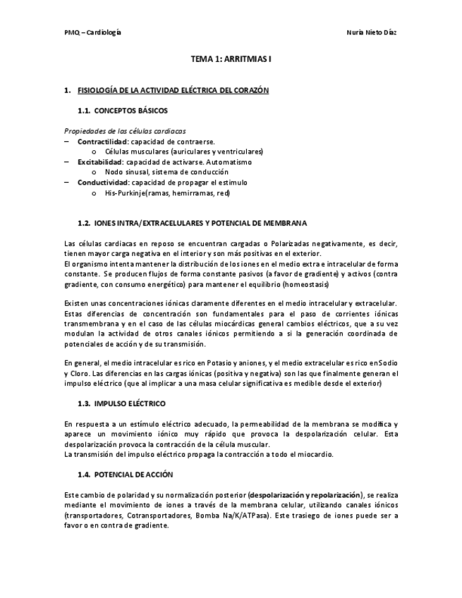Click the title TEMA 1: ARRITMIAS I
231,61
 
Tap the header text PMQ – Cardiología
92,33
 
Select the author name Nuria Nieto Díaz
372,33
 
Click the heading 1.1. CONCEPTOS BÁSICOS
123,111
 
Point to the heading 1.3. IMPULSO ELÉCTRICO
121,403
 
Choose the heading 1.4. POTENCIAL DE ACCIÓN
125,475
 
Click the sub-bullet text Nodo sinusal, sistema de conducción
166,172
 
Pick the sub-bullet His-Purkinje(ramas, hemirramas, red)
167,193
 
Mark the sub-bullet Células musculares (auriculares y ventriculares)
183,152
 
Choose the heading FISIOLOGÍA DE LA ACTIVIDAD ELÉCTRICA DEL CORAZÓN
173,91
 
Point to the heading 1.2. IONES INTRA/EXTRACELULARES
192,223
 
